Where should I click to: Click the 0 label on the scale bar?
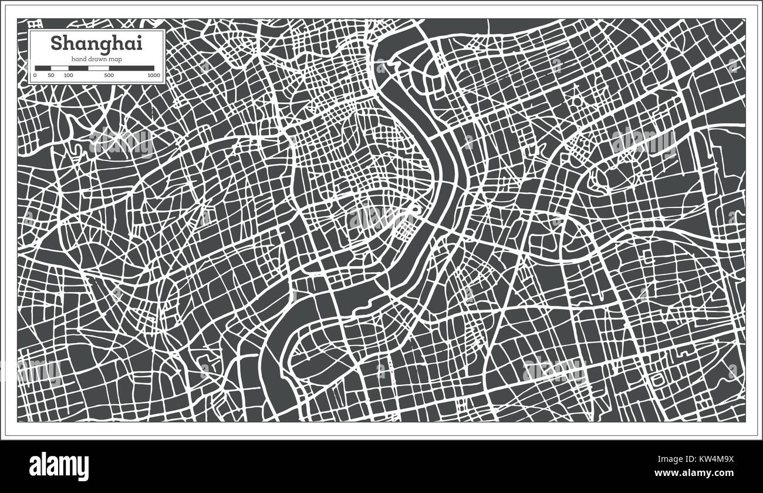[x=35, y=76]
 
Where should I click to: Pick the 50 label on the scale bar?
[x=51, y=76]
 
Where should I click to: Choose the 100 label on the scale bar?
[x=69, y=76]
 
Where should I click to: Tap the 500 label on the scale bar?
[x=109, y=76]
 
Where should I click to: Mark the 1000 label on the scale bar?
[x=154, y=76]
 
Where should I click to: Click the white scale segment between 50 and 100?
[x=60, y=68]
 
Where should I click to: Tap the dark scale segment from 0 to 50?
[x=43, y=68]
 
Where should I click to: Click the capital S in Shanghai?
[x=56, y=43]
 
